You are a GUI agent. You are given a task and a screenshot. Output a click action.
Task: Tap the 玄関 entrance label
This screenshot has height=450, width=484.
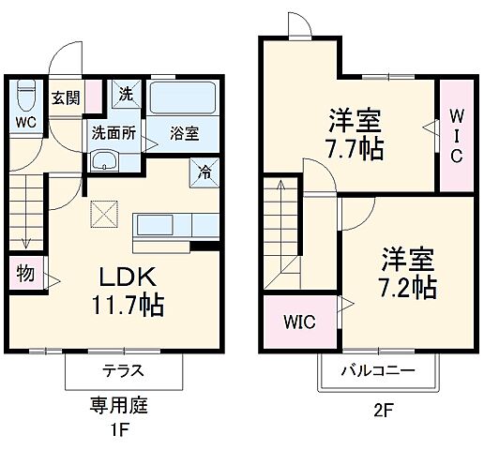coord(65,97)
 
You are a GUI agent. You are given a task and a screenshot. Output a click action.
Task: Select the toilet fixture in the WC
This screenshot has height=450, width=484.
coord(25,96)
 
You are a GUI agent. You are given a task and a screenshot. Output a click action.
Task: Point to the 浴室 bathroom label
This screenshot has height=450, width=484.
coord(184,133)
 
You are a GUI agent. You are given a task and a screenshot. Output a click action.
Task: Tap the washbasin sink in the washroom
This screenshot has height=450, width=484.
coord(105,160)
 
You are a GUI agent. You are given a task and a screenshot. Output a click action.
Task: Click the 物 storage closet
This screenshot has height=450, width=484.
coord(23,275)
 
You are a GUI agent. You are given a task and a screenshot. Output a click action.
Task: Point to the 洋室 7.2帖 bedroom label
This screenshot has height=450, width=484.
coord(407,272)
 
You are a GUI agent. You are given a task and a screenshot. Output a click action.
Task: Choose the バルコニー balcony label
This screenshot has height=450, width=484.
coord(376,371)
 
